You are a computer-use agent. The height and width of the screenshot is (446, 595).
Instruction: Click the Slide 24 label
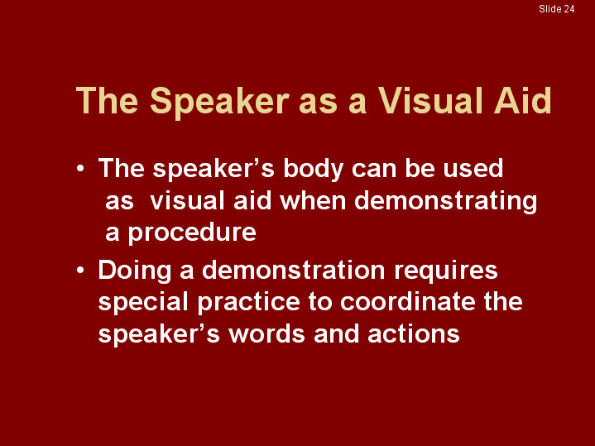coord(556,9)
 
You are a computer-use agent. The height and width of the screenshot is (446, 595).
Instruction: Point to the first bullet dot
coord(80,169)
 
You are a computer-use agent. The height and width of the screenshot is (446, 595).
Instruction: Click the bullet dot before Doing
coord(80,271)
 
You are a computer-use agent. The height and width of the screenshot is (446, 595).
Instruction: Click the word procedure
coord(192,233)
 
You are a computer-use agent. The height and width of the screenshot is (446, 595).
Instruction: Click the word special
coord(143,303)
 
